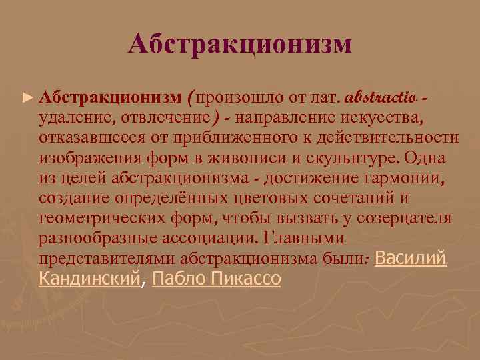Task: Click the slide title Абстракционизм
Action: [x=240, y=45]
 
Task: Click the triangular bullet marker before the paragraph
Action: [x=27, y=98]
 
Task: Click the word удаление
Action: [x=74, y=117]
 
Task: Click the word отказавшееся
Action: [x=86, y=137]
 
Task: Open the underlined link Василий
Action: [x=411, y=259]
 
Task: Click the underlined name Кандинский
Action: [x=91, y=279]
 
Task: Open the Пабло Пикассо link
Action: [x=217, y=279]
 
